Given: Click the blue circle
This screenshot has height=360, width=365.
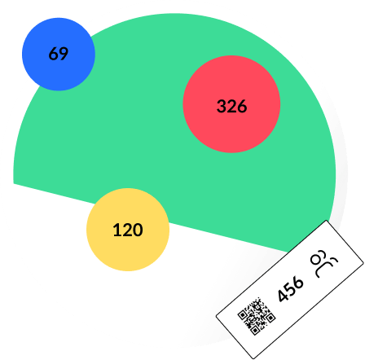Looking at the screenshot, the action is (x=59, y=54).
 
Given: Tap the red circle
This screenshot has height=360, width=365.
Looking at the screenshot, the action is (x=231, y=104).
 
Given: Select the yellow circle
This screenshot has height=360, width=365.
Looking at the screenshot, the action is (x=128, y=230).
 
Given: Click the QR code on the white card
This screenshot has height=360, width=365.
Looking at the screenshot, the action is (x=257, y=316).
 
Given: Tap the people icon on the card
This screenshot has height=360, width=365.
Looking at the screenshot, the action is (x=323, y=263).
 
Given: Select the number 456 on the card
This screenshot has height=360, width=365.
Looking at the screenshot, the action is (x=291, y=289).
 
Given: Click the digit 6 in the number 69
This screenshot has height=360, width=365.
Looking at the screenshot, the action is (x=53, y=54).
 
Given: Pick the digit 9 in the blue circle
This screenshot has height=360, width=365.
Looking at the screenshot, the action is (x=64, y=54).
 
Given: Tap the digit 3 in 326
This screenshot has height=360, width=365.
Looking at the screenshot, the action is (x=222, y=106).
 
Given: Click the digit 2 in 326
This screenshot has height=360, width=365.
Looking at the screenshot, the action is (x=231, y=106).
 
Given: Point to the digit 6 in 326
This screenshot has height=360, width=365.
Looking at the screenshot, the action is (x=242, y=106).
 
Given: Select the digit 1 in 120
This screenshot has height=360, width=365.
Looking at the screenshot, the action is (x=117, y=230).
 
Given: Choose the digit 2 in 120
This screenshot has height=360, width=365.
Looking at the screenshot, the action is (x=127, y=230).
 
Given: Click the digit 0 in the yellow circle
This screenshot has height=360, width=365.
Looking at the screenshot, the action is (x=138, y=230).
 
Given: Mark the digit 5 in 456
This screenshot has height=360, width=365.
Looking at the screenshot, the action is (x=291, y=288).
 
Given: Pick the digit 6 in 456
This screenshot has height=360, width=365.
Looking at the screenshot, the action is (x=298, y=283).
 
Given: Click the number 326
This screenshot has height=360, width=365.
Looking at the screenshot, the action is (x=232, y=106).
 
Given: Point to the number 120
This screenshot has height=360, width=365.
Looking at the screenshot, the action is (x=128, y=230).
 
